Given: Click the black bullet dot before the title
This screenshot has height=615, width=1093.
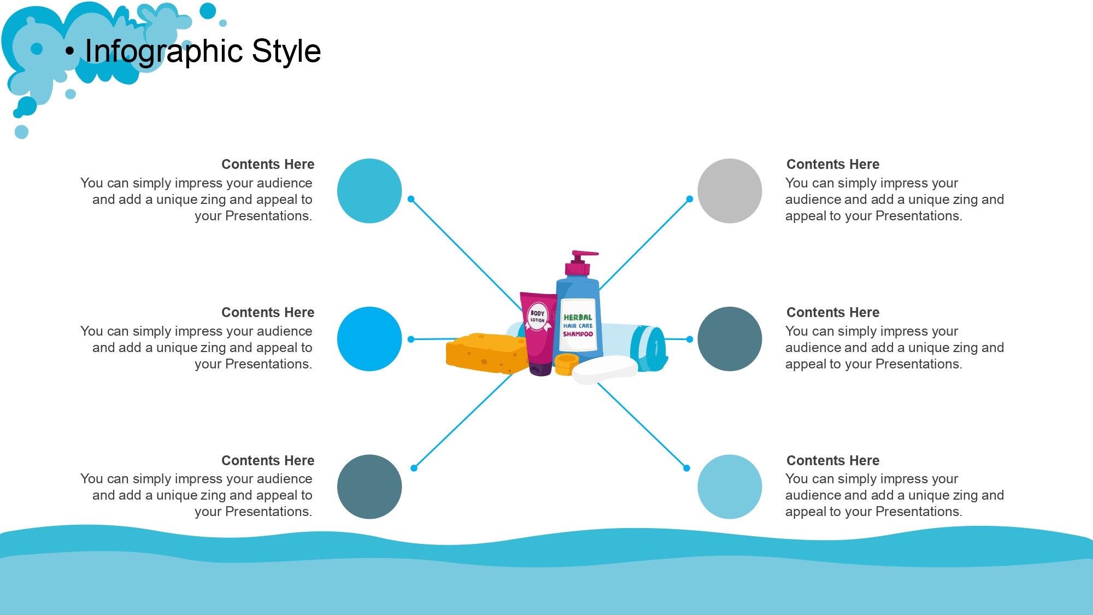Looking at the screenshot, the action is [x=69, y=51].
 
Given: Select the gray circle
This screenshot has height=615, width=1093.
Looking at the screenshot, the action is [x=730, y=191].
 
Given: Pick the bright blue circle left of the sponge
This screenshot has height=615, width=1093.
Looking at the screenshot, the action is [x=369, y=339].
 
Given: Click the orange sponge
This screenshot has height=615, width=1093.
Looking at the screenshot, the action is [x=486, y=353].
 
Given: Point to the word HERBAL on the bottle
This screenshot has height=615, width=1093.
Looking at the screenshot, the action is [x=578, y=317].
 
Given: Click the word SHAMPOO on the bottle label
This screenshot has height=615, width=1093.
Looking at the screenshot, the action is [x=578, y=334].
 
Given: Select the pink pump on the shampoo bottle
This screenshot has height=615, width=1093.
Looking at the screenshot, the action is [x=580, y=262].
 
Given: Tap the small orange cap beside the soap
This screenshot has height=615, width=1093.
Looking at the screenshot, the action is [x=566, y=364].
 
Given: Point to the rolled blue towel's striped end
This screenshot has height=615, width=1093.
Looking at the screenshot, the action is [x=649, y=349].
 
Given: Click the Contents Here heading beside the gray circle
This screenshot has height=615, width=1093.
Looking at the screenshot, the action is [x=833, y=165].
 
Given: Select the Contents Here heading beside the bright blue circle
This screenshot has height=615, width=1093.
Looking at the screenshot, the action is [x=268, y=313].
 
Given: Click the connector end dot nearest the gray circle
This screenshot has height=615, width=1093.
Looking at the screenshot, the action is [x=690, y=199].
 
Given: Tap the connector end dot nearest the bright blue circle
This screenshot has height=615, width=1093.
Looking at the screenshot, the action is [x=411, y=339].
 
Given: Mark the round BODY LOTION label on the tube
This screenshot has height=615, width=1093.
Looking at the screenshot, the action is [x=538, y=317].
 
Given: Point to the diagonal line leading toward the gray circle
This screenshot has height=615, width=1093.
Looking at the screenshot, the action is [x=644, y=244].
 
